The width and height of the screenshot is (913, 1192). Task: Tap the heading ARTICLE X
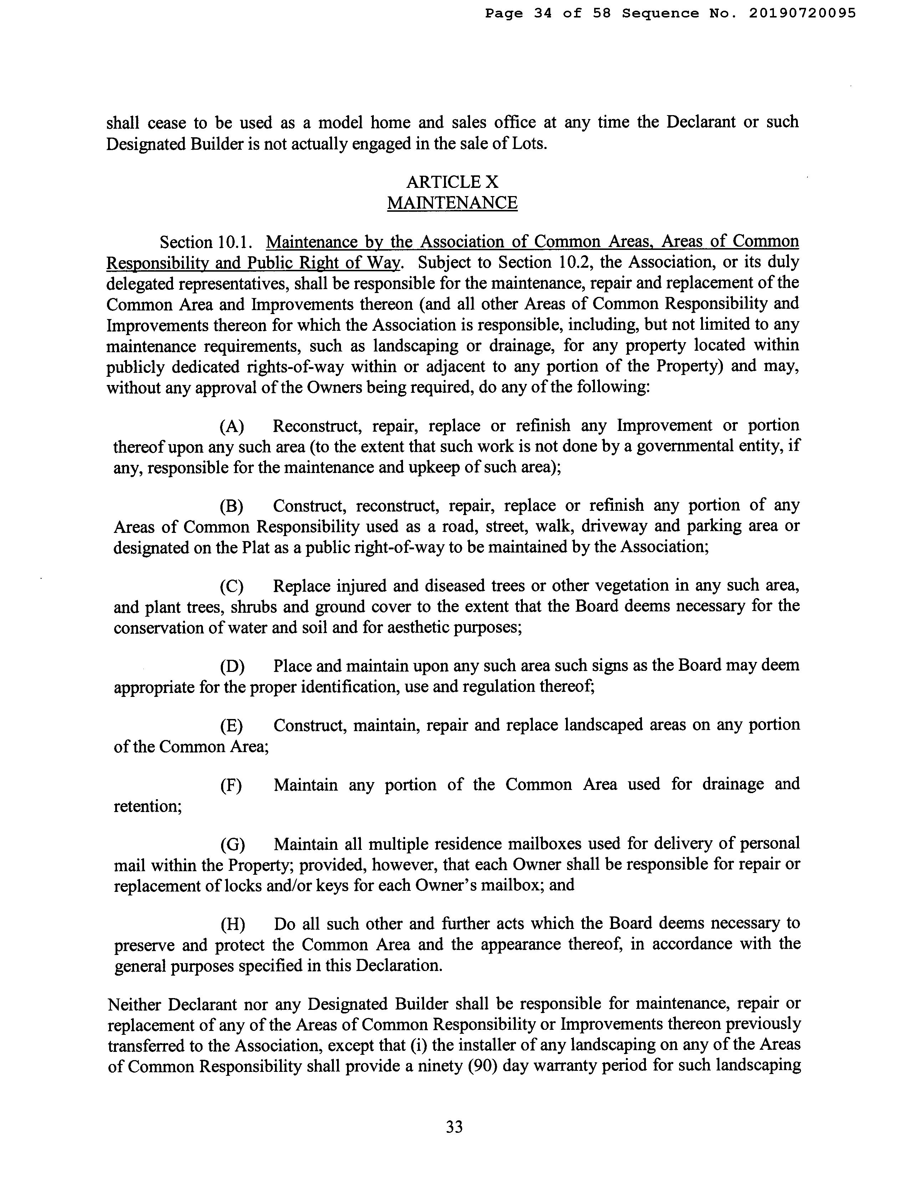(452, 181)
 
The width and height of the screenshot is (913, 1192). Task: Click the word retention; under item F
(148, 806)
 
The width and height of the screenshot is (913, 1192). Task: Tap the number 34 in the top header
(543, 13)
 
